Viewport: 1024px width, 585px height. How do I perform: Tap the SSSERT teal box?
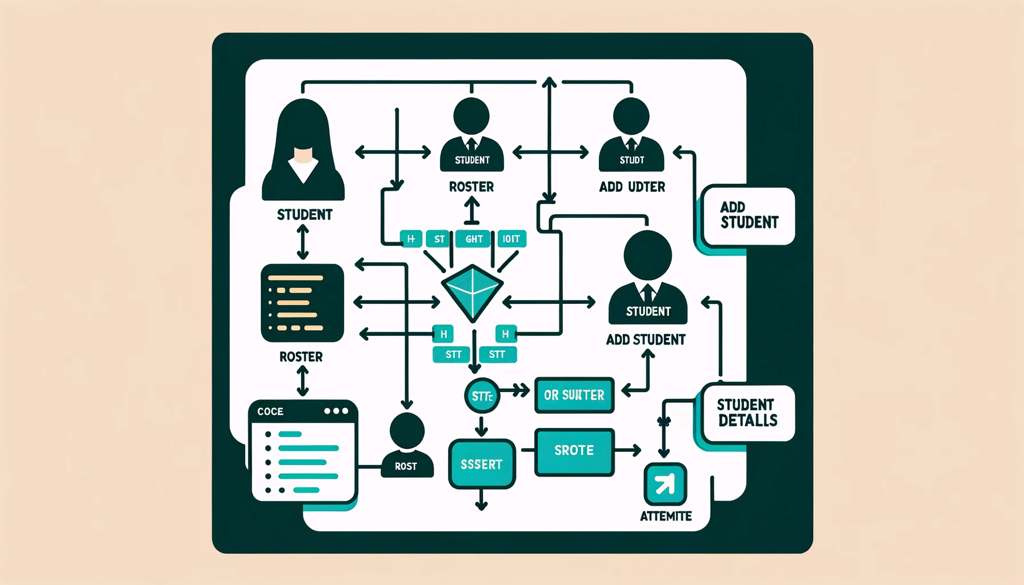[x=482, y=464]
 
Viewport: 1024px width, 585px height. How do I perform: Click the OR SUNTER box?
[x=574, y=395]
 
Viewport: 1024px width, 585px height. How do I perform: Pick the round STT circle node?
[x=482, y=395]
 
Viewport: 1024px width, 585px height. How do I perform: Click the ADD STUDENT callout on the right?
[x=749, y=215]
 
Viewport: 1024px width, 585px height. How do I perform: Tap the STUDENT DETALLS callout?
[x=747, y=413]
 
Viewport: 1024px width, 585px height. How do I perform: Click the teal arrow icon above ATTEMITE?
[x=665, y=484]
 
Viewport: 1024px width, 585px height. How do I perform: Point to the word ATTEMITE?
[x=666, y=516]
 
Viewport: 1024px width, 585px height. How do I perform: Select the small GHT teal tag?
[x=474, y=239]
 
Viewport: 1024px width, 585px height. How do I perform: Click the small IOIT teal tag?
[x=511, y=239]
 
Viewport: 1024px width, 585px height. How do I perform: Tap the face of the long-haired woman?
[x=303, y=155]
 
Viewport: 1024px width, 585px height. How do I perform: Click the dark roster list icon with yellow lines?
[x=302, y=303]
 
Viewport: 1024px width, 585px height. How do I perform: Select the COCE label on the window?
[x=270, y=411]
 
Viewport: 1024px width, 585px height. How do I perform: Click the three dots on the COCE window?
[x=335, y=411]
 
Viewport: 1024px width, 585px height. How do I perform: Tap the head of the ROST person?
[x=406, y=431]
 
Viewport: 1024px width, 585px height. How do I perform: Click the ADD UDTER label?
[x=632, y=187]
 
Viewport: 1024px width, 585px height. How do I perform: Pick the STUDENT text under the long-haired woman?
[x=305, y=215]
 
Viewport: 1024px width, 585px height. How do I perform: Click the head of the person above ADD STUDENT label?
[x=647, y=255]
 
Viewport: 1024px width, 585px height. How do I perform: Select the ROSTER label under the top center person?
[x=471, y=187]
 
